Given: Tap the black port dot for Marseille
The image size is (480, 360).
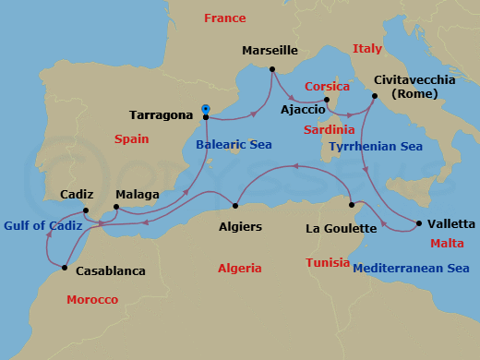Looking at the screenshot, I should click(272, 69).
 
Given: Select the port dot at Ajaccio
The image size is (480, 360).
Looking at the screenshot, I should click(327, 100).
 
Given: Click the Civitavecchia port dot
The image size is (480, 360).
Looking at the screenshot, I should click(374, 95).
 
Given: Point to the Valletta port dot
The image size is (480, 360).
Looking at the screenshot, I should click(419, 223).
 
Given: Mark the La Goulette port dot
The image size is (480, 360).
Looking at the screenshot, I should click(353, 205).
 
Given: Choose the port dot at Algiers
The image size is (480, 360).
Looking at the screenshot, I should click(237, 206).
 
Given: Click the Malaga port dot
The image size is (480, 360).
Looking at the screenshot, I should click(115, 208).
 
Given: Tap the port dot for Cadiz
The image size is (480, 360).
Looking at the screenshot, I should click(85, 210).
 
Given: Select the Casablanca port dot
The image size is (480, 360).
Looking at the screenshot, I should click(64, 268).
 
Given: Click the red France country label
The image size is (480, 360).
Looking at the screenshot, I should click(224, 18).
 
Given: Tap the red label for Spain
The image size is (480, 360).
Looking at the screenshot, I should click(131, 138).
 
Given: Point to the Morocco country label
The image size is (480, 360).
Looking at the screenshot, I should click(92, 300).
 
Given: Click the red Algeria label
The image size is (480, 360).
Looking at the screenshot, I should click(239, 269).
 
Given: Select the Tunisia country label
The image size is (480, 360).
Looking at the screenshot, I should click(328, 263).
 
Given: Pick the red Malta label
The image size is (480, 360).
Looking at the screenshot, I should click(447, 244).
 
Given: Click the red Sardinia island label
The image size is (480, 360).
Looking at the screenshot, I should click(329, 130).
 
